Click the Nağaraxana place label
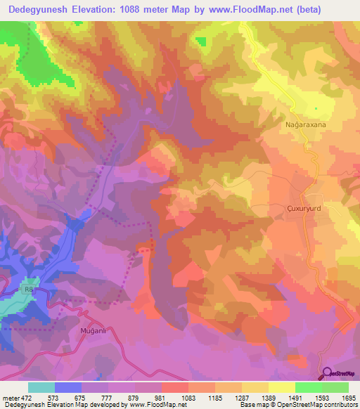(306, 124)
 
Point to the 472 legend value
(26, 397)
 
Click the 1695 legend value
(347, 397)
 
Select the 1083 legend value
(188, 397)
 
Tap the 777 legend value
(108, 397)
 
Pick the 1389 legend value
(268, 397)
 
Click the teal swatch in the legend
(41, 387)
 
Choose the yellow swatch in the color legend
(282, 387)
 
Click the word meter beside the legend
(11, 397)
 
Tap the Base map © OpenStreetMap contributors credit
(298, 405)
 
